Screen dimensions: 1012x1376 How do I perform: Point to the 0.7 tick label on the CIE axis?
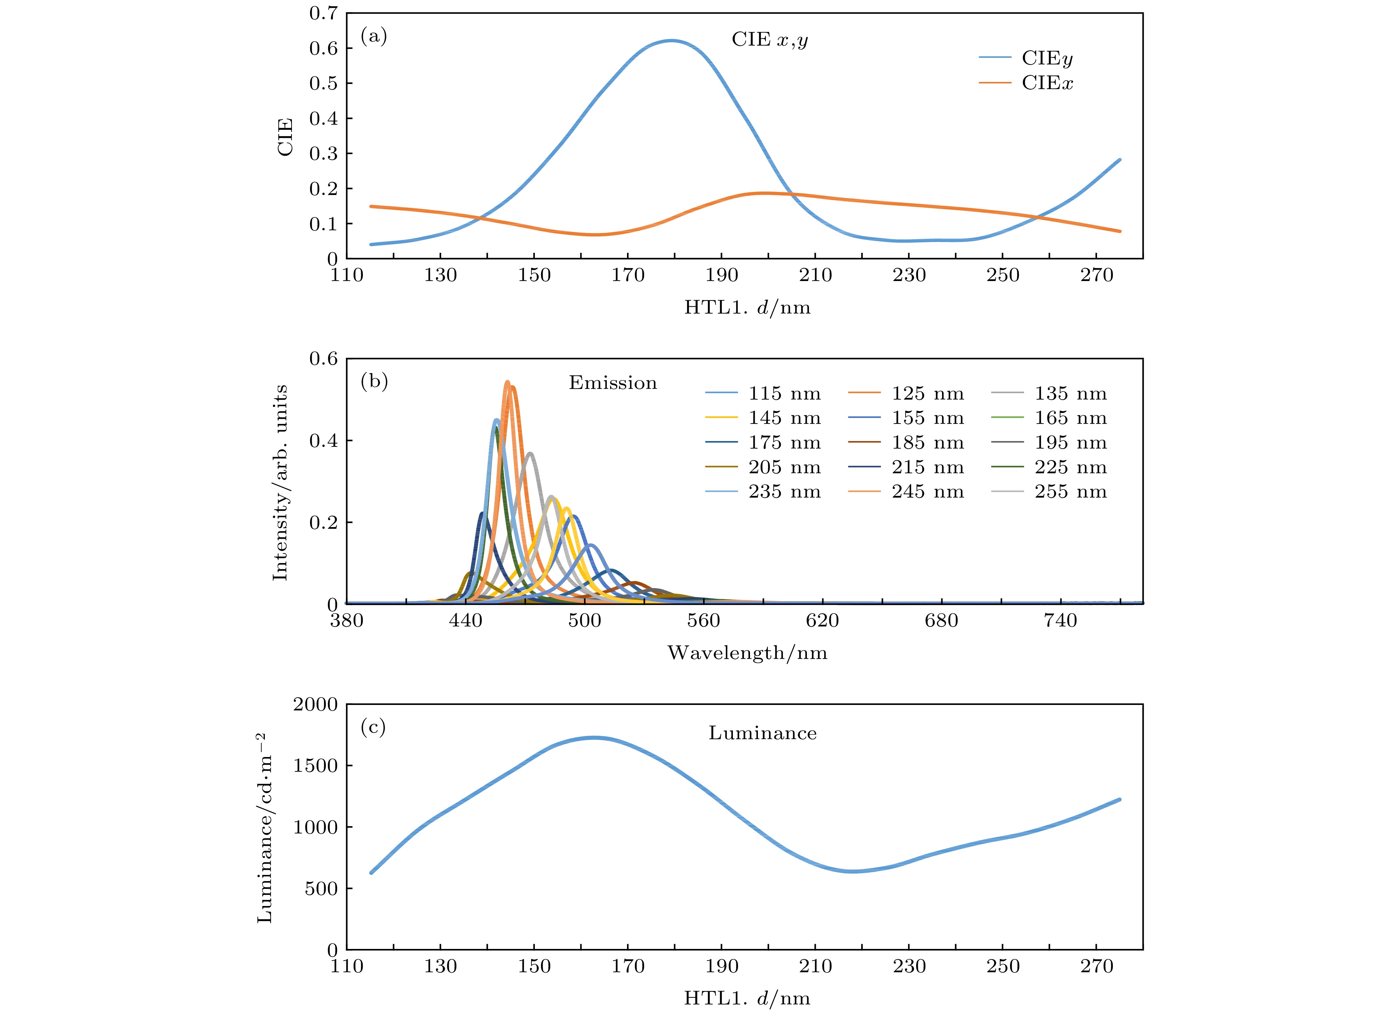click(x=323, y=13)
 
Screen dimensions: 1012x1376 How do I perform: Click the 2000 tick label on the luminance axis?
click(x=315, y=705)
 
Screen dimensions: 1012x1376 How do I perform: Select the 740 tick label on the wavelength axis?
click(x=1060, y=621)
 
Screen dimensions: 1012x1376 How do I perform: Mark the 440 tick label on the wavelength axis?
click(x=465, y=621)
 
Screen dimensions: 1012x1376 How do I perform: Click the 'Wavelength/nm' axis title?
click(x=747, y=653)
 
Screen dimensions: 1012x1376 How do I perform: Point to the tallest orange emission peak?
click(x=507, y=382)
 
